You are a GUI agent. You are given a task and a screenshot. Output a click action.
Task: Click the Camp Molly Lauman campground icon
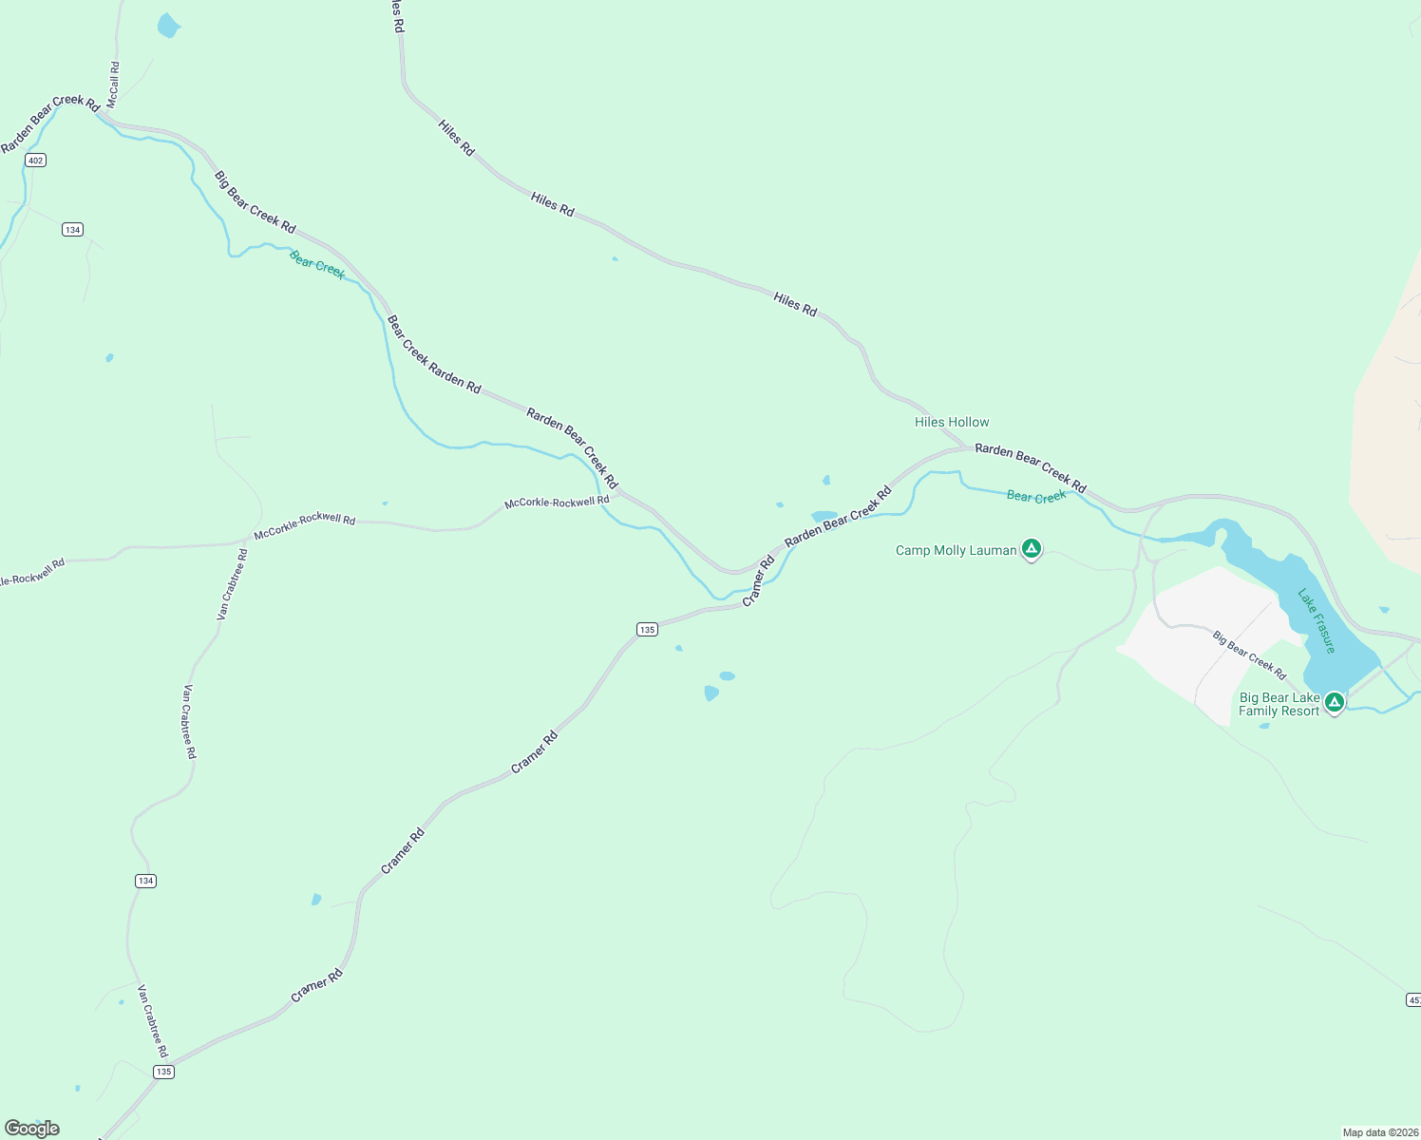coord(1032,548)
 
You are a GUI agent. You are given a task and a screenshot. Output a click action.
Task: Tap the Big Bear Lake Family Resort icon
coord(1335,702)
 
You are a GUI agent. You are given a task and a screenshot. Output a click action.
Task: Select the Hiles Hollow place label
coord(952,422)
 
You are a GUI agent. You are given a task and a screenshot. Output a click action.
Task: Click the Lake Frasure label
coord(1317,621)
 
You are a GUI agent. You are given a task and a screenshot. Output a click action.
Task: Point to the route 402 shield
coord(36,161)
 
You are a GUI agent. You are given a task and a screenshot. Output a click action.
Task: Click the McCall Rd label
coord(114,84)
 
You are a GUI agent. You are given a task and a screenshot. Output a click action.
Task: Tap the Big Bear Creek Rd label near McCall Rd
coord(255,201)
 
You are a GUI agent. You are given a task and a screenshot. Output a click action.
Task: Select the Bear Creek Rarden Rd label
coord(434,354)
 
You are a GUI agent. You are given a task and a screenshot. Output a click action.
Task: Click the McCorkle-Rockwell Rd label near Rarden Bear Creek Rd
coord(557,502)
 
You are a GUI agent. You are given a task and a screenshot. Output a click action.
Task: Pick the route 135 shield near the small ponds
coord(647,630)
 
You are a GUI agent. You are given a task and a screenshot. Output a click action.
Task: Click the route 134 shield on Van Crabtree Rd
coord(145,882)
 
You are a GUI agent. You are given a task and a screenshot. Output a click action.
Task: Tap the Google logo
coord(32,1129)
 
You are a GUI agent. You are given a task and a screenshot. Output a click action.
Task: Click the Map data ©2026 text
coord(1379,1132)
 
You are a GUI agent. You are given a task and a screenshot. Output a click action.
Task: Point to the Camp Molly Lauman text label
coord(956,550)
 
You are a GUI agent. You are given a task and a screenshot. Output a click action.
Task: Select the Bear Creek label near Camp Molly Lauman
coord(1036,497)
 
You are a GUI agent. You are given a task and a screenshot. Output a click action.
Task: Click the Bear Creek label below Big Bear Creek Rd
coord(317,264)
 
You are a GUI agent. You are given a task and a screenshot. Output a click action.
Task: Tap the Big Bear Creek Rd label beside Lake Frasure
coord(1249,655)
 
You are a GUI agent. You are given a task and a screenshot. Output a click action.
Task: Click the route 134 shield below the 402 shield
coord(73,230)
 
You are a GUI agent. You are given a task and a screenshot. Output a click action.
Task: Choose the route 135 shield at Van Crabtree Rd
coord(163,1072)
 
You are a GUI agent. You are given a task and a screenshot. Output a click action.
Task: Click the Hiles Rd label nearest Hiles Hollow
coord(795,304)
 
